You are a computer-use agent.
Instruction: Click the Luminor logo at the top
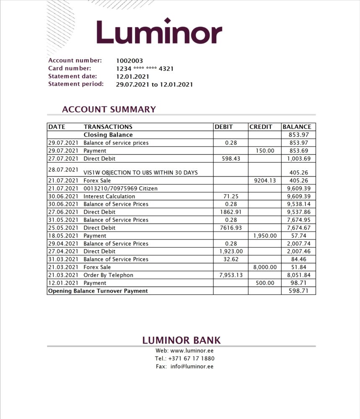point(159,32)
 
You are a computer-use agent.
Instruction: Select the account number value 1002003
point(129,61)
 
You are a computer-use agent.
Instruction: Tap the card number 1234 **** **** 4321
point(145,69)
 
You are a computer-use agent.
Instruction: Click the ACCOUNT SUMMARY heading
point(109,109)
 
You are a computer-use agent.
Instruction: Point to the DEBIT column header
point(224,127)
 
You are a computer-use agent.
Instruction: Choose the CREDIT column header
point(261,127)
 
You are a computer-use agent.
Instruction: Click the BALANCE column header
point(297,127)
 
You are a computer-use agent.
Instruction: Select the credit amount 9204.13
point(265,181)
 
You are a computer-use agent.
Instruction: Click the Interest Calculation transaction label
point(109,196)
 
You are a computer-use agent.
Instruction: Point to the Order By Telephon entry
point(109,275)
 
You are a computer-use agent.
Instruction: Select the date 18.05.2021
point(63,236)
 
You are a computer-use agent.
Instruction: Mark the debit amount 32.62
point(231,259)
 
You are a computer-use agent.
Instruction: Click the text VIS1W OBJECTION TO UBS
point(140,172)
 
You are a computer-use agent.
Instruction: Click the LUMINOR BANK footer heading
point(181,340)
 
